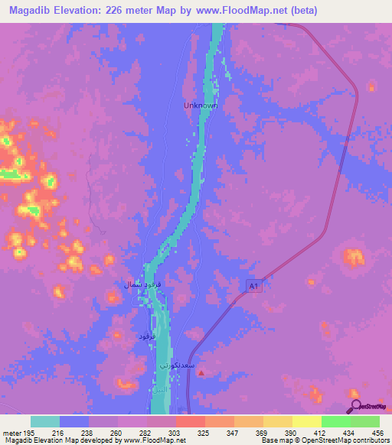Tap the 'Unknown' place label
pyautogui.click(x=201, y=106)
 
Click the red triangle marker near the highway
pyautogui.click(x=201, y=375)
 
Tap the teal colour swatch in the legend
pyautogui.click(x=45, y=421)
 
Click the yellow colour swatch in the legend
pyautogui.click(x=307, y=421)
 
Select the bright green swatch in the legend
pyautogui.click(x=336, y=421)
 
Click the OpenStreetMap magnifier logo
pyautogui.click(x=355, y=406)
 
